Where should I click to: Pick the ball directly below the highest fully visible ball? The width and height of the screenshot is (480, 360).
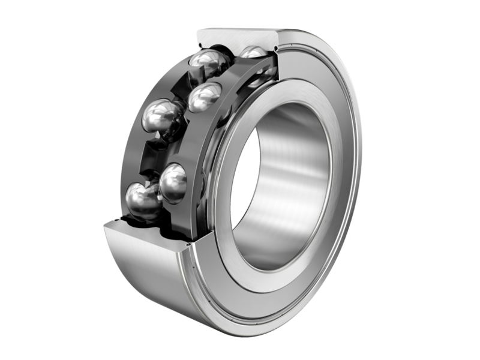(205, 97)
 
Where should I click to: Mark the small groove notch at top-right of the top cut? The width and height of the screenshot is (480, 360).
(275, 44)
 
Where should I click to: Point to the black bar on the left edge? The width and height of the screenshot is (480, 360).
(36, 180)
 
